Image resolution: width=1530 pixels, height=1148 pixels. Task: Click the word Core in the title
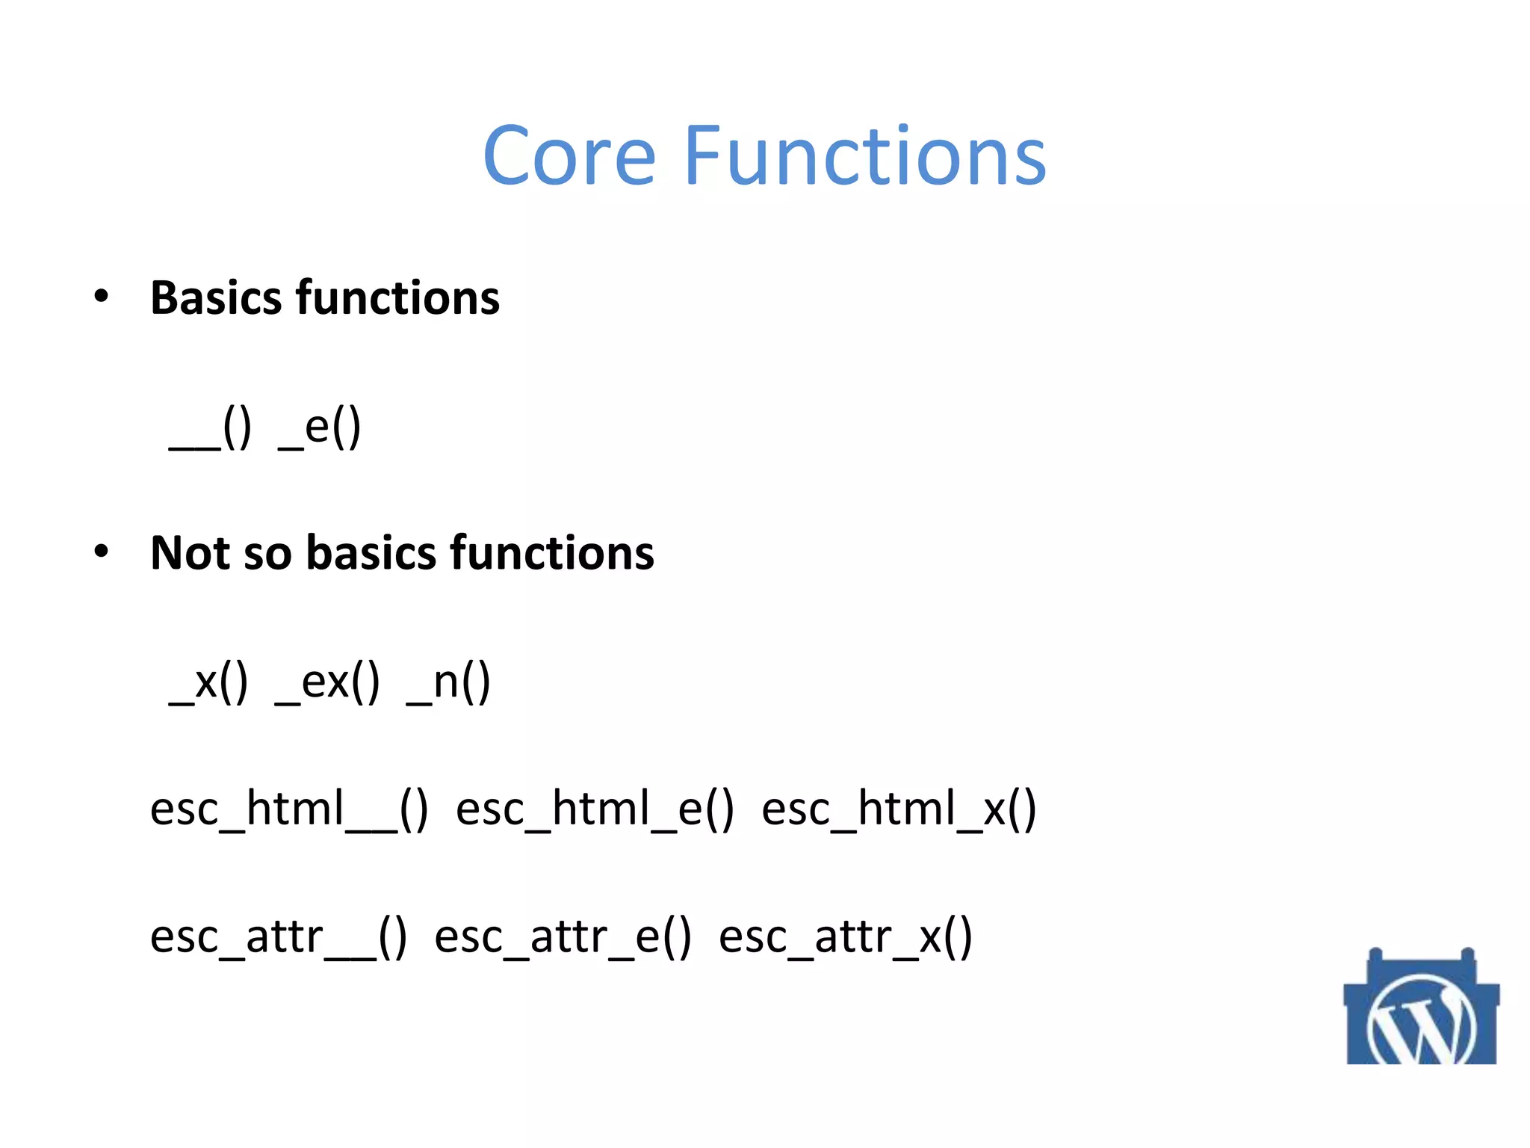[569, 156]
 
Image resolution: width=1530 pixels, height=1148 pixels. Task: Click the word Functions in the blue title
[864, 156]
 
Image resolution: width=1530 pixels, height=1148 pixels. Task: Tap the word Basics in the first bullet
[217, 297]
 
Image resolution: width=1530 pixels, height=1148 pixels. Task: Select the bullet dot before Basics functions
[102, 297]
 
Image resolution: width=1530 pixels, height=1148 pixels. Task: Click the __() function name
[211, 429]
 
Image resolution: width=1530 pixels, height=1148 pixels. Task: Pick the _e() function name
[320, 429]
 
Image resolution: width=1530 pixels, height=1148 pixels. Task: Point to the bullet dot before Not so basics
[102, 552]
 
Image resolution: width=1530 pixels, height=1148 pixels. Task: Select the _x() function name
[208, 682]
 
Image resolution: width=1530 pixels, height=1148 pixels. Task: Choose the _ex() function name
[327, 682]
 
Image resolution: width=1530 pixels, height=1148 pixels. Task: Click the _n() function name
[448, 682]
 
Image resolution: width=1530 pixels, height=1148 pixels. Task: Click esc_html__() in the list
[289, 809]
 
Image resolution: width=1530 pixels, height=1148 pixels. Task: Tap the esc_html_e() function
[595, 809]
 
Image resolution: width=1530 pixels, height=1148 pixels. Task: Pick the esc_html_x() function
[899, 809]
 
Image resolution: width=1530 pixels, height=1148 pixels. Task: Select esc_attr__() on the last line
[279, 936]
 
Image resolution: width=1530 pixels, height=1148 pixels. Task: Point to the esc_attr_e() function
[563, 936]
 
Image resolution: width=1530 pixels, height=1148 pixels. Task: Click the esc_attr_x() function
[845, 936]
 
